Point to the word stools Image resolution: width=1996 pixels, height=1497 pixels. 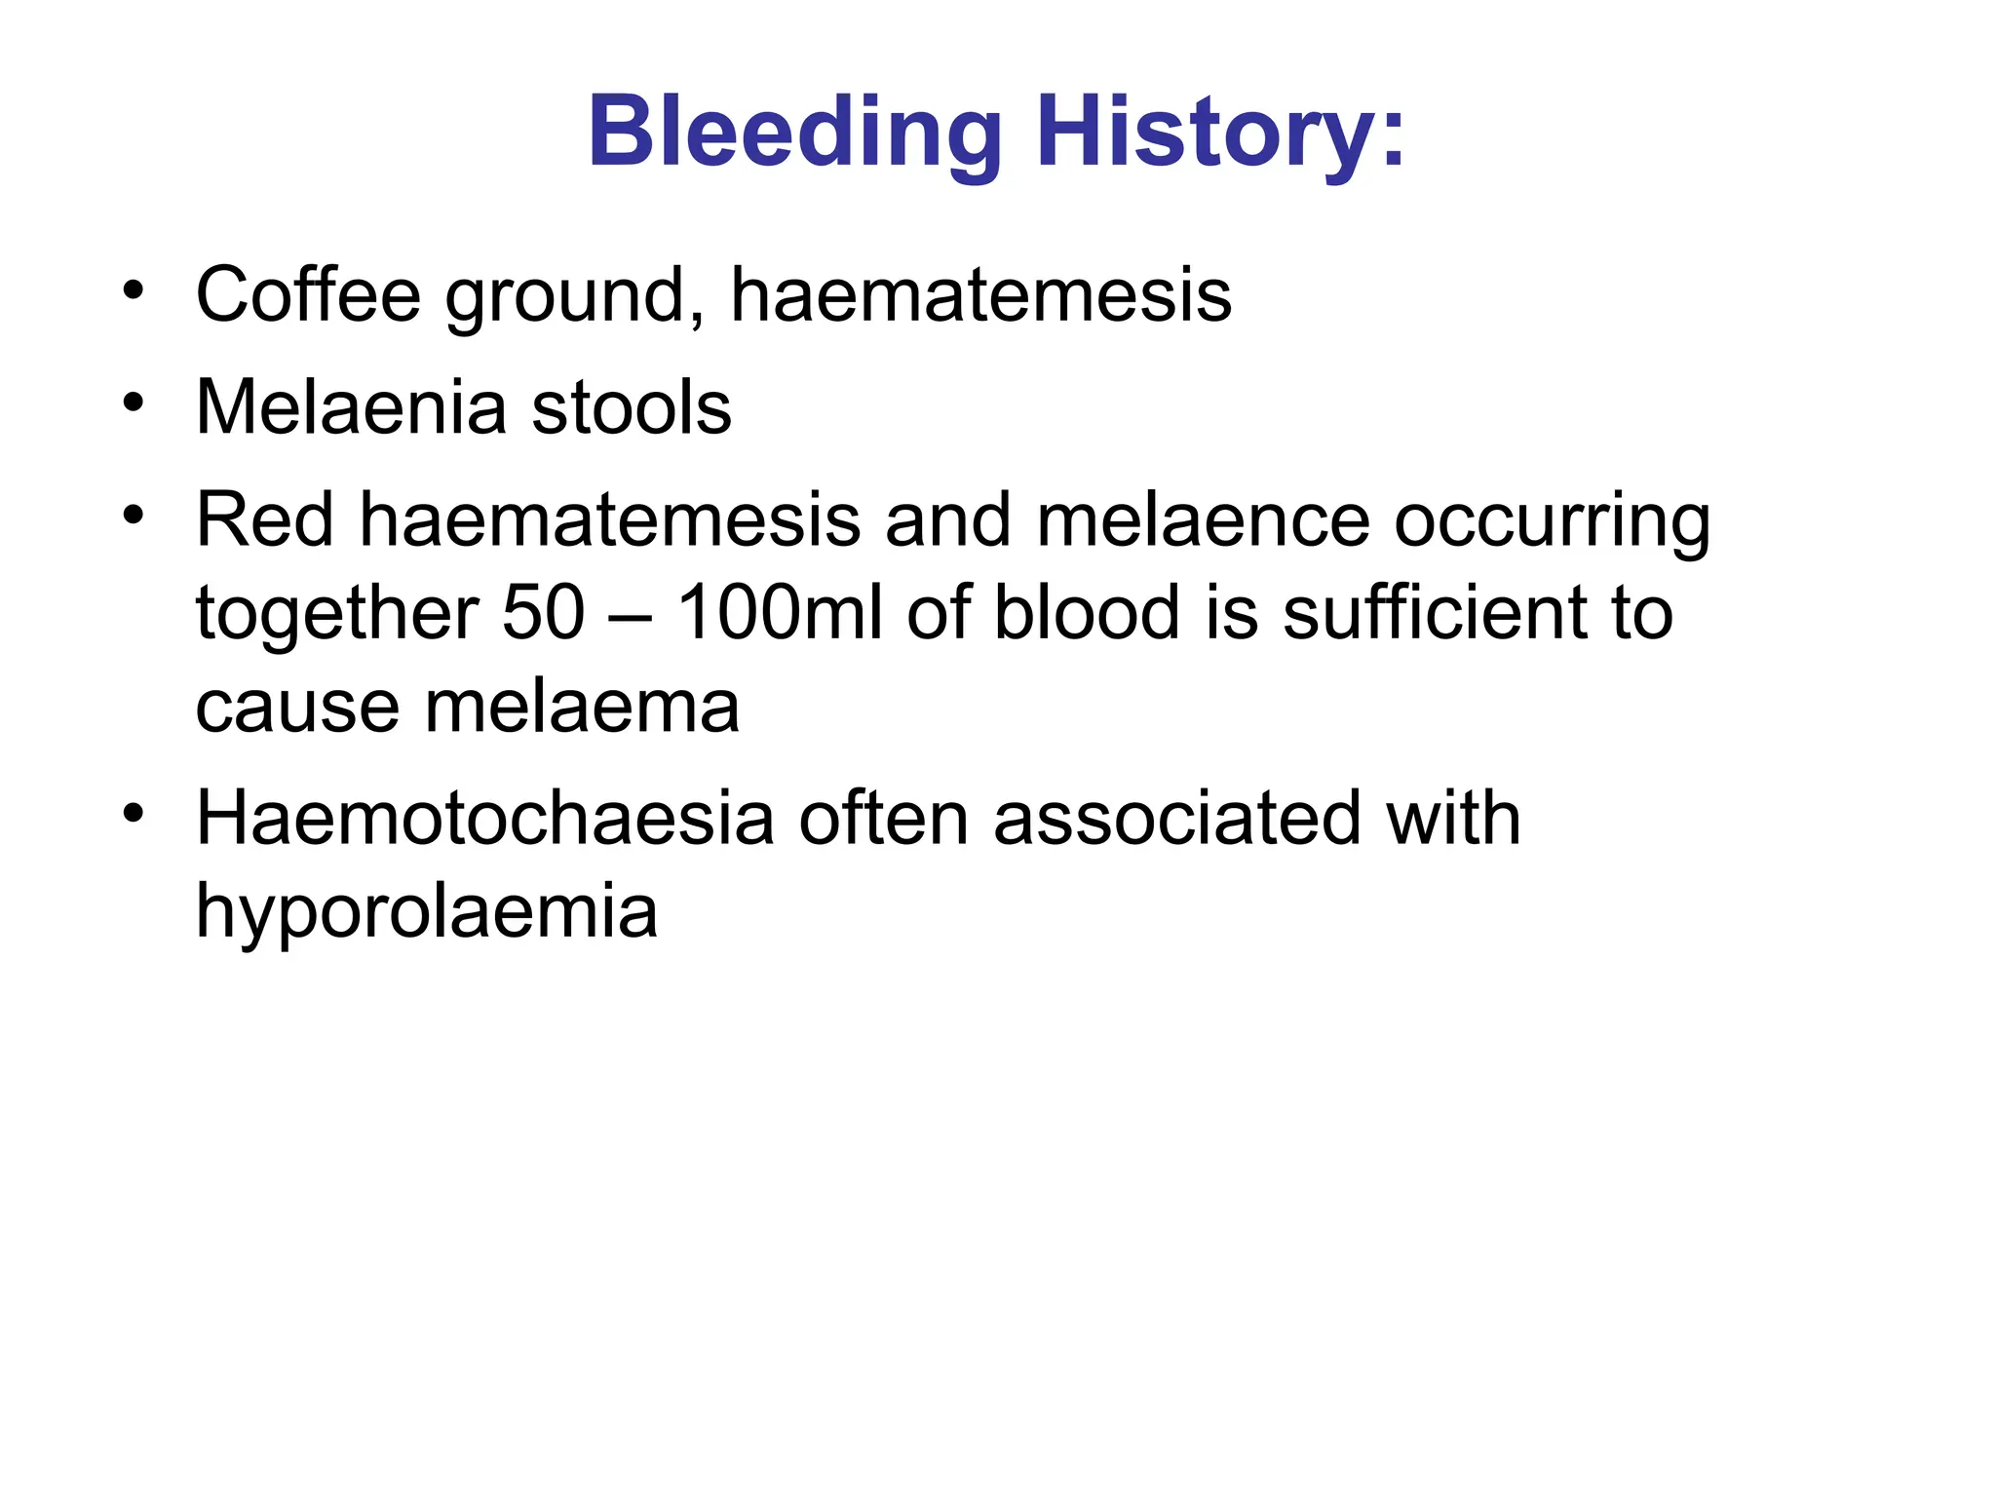click(632, 407)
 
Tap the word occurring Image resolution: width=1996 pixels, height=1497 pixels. click(1552, 521)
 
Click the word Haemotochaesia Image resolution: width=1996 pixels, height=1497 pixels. click(484, 818)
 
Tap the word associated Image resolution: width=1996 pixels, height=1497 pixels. click(1177, 818)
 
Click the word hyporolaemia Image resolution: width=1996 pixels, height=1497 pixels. click(427, 911)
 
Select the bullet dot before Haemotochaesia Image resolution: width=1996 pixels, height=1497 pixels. click(134, 812)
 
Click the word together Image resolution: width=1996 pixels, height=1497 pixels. click(336, 614)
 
